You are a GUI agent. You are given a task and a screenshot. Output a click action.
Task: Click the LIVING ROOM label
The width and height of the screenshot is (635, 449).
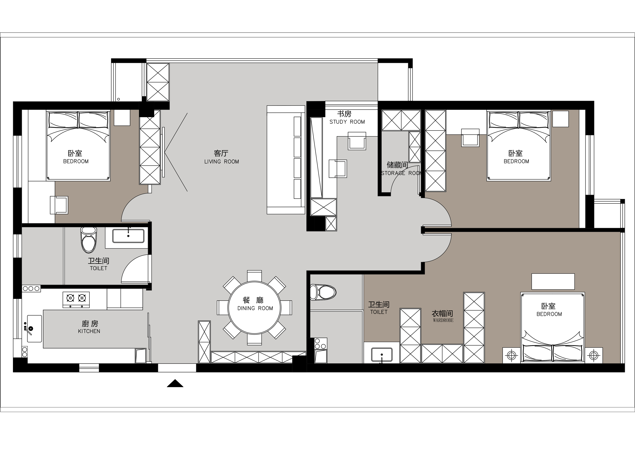click(x=222, y=162)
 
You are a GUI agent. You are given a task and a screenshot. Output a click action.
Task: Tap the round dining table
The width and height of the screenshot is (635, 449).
click(x=254, y=308)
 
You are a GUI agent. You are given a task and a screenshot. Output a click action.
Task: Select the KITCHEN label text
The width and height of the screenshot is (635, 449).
click(x=89, y=331)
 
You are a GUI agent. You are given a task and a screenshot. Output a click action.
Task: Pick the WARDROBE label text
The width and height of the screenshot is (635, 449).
click(x=443, y=320)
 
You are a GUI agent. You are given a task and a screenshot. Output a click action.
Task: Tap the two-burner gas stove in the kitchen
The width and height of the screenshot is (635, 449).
click(x=76, y=300)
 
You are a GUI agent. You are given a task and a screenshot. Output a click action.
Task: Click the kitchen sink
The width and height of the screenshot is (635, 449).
click(x=34, y=328)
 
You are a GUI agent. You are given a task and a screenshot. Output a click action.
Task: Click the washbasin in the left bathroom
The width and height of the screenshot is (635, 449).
click(x=128, y=236)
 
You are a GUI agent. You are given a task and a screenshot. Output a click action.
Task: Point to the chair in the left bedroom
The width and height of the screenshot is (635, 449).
click(x=59, y=205)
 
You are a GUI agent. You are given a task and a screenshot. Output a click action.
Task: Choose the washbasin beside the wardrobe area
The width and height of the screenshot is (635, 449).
click(x=382, y=355)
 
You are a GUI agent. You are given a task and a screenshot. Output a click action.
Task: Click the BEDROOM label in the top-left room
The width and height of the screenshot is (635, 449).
click(x=76, y=161)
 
